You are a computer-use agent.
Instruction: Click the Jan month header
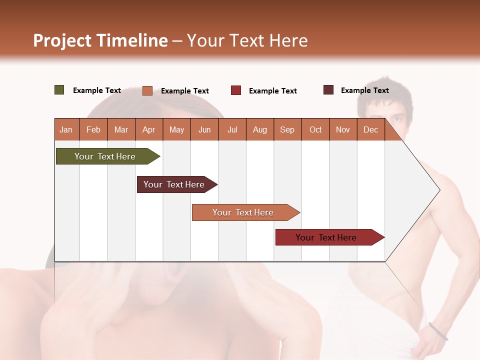[x=66, y=129]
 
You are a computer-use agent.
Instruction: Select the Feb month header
[x=93, y=129]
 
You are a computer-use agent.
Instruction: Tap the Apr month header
[x=148, y=129]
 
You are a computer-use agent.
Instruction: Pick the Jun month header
[x=204, y=129]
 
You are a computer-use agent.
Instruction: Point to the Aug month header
[x=259, y=129]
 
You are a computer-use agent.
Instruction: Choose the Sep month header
[x=287, y=129]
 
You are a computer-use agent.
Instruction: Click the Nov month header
[x=342, y=129]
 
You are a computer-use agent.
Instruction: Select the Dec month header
[x=370, y=129]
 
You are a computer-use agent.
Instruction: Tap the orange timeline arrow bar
[x=244, y=212]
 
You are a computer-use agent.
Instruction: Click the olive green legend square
[x=59, y=90]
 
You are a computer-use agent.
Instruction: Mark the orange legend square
[x=147, y=90]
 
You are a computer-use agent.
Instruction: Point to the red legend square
[x=236, y=90]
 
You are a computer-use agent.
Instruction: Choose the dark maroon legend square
[x=328, y=90]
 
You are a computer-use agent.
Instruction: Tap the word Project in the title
[x=62, y=40]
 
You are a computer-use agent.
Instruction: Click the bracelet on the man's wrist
[x=438, y=331]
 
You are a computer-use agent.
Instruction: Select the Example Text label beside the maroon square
[x=364, y=90]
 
